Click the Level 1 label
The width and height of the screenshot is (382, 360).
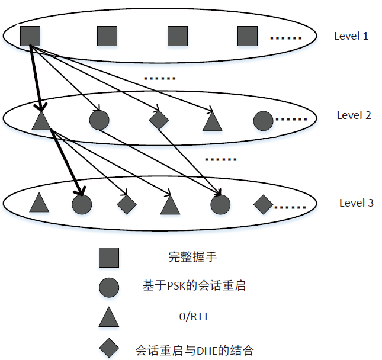pos(351,36)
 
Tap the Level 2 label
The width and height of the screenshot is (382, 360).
pos(354,115)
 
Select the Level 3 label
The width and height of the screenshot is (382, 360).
pos(356,203)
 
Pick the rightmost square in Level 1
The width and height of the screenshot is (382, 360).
pos(248,36)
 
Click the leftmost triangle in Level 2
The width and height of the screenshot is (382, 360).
pos(40,121)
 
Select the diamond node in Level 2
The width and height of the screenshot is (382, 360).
pos(159,120)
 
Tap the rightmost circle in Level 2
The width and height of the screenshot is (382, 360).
pos(263,120)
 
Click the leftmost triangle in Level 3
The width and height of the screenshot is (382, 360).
pos(38,204)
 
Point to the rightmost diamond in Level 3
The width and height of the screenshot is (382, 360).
pos(263,204)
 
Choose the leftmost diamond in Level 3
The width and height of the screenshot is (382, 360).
pos(127,204)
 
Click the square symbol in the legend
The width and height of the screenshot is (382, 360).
pos(109,257)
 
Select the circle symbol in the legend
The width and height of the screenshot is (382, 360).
pos(109,287)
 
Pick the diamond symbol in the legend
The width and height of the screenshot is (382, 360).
pos(109,348)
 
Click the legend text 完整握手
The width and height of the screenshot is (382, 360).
pos(185,258)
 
